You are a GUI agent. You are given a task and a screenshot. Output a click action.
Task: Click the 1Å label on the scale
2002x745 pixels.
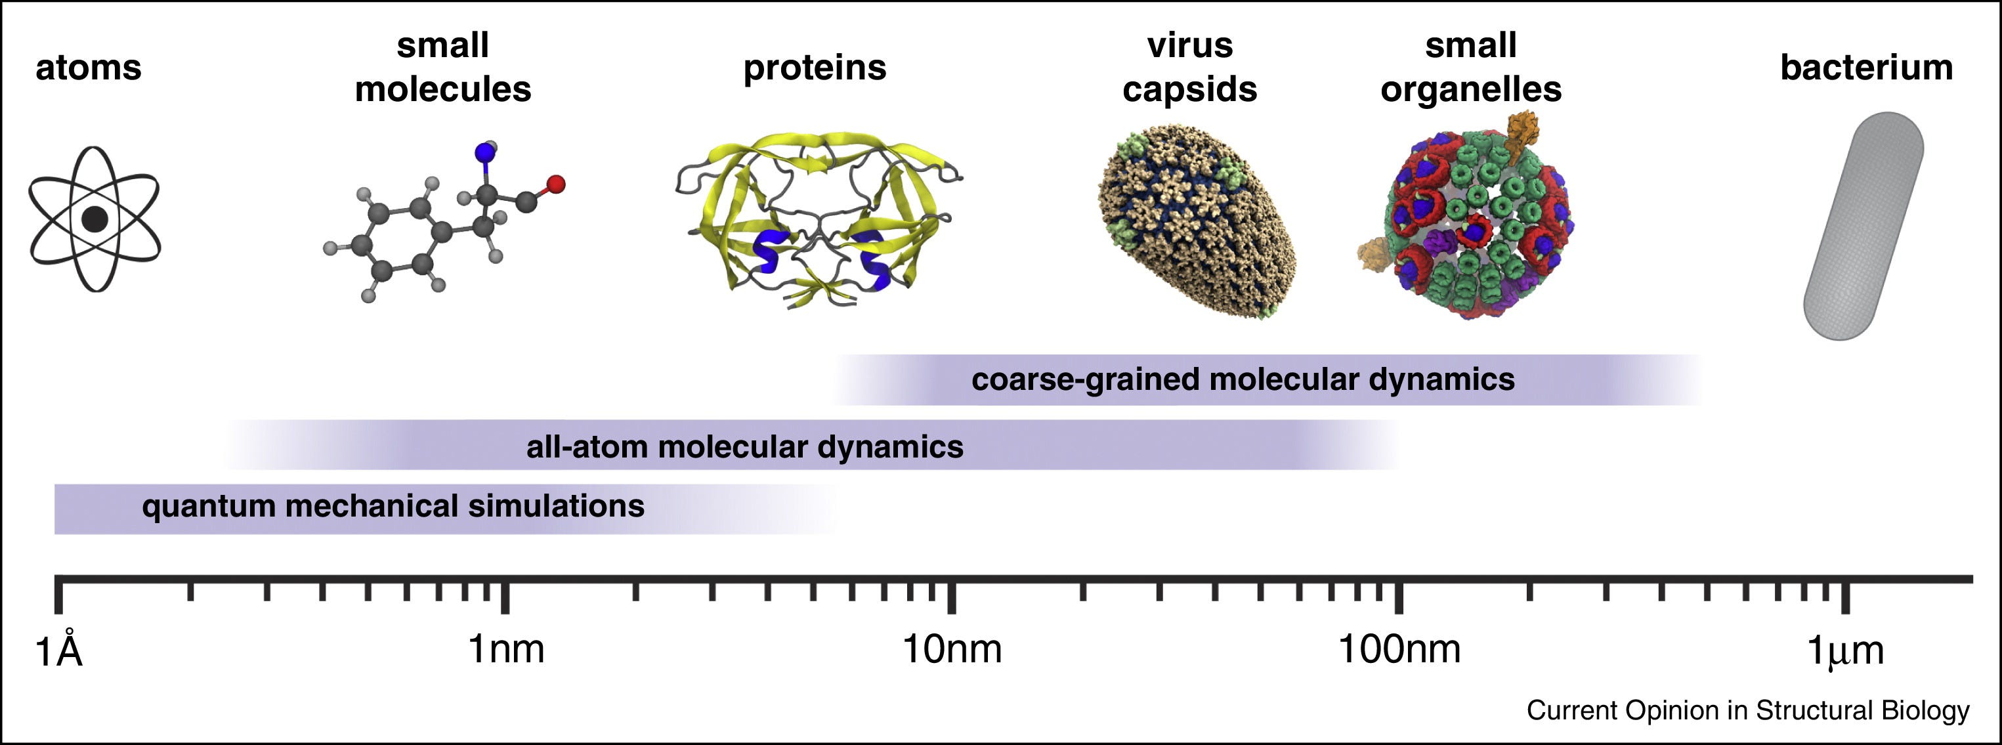pos(59,650)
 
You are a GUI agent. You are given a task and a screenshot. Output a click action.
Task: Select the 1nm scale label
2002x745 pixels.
pos(506,649)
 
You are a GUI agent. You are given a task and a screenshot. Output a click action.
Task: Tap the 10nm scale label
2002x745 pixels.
pos(952,649)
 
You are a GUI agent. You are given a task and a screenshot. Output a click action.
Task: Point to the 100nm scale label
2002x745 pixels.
pos(1399,649)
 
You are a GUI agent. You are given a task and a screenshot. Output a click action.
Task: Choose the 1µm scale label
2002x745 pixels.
pos(1846,650)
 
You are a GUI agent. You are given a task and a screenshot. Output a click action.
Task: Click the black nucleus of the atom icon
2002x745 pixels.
pos(95,219)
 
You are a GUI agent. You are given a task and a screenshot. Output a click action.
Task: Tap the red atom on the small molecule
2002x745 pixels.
pos(556,184)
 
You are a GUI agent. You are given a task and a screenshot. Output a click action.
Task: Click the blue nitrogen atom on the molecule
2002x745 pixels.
pos(486,154)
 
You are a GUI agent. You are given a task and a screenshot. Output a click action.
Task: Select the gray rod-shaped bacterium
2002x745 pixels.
pos(1863,226)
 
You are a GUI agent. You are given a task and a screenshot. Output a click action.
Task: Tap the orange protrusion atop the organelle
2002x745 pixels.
pos(1521,134)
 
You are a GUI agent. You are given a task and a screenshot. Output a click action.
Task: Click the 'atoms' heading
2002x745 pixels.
pos(89,68)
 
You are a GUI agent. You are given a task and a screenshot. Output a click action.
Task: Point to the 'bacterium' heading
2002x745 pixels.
pos(1867,68)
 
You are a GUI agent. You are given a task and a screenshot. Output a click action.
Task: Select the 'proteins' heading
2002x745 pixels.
pos(815,68)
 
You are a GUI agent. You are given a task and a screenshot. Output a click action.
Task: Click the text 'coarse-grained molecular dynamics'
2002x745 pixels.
pos(1243,380)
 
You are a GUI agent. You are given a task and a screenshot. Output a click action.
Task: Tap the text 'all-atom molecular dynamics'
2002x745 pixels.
pos(744,447)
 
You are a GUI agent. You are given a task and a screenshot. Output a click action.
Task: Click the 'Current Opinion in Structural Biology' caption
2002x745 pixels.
pos(1748,710)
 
